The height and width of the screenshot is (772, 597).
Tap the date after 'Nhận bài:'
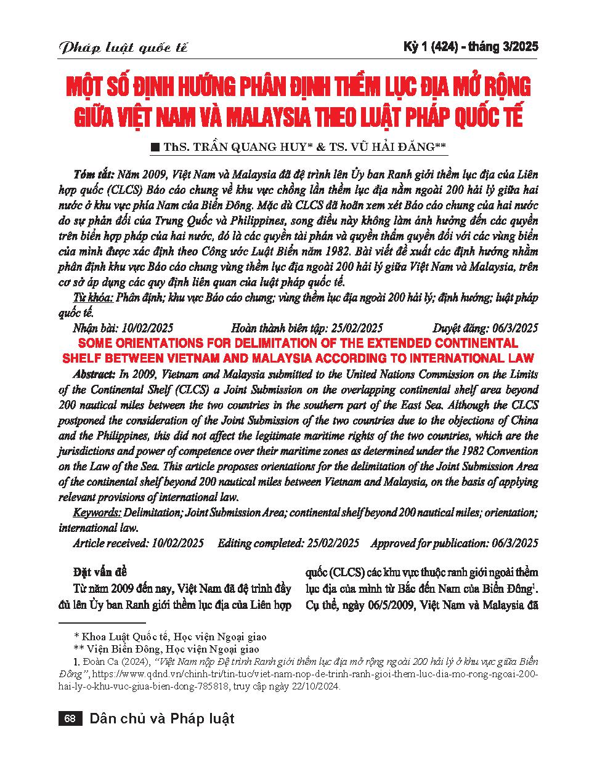[148, 328]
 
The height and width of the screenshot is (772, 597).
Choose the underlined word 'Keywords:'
[97, 513]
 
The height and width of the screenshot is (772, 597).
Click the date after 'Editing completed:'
[331, 543]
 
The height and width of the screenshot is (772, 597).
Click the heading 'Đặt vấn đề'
[100, 573]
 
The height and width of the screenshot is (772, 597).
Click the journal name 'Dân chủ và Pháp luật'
[162, 719]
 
